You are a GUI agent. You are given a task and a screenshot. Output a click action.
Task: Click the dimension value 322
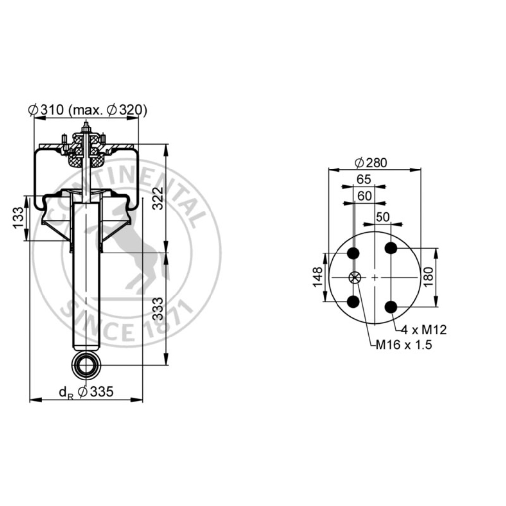[158, 198]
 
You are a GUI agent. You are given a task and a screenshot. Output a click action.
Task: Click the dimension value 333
[158, 309]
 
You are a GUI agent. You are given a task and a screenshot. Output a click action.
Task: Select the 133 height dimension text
[18, 218]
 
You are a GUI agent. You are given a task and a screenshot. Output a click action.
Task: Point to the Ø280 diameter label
[371, 163]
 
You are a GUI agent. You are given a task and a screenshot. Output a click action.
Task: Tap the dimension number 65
[364, 179]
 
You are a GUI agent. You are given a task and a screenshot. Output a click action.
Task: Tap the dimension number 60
[365, 196]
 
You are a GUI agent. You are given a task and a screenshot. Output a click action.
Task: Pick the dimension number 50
[383, 217]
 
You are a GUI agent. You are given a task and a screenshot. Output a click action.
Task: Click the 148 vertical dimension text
[318, 277]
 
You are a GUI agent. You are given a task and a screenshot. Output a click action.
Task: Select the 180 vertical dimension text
[428, 277]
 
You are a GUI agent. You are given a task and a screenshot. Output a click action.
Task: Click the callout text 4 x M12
[423, 330]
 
